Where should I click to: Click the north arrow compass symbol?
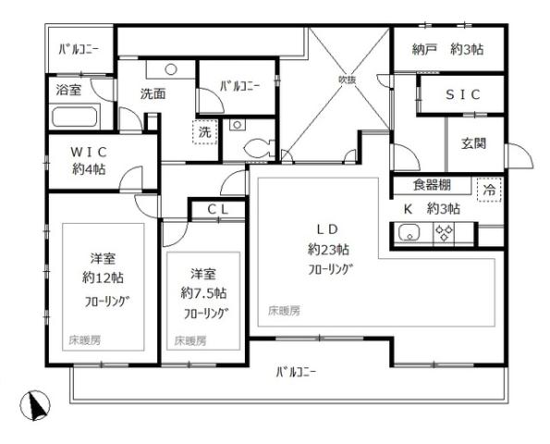tap(35, 404)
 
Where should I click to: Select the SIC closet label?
tap(461, 94)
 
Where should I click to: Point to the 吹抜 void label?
tap(347, 79)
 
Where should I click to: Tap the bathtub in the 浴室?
tap(76, 118)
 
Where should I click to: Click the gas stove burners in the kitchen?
tap(445, 234)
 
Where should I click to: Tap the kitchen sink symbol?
tap(409, 234)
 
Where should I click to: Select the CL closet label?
tap(218, 210)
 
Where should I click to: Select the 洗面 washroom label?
tap(153, 93)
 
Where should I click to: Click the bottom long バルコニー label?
tap(296, 373)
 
